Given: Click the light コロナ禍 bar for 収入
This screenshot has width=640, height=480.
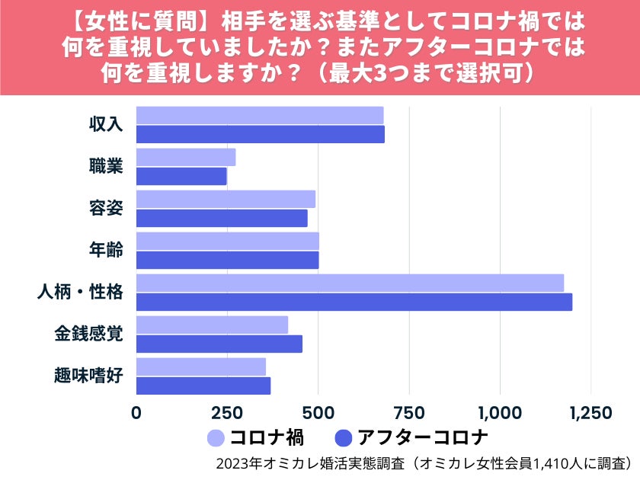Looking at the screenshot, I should pyautogui.click(x=260, y=115).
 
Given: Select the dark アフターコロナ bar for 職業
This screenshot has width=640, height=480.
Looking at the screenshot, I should pyautogui.click(x=181, y=176).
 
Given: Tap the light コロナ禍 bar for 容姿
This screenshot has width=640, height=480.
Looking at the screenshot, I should pyautogui.click(x=226, y=199).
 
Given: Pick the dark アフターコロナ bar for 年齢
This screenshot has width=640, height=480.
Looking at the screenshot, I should pyautogui.click(x=227, y=260).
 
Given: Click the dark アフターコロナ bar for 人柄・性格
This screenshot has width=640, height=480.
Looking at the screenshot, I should pyautogui.click(x=354, y=302).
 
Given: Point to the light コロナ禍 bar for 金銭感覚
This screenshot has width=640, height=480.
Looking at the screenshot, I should pyautogui.click(x=212, y=325).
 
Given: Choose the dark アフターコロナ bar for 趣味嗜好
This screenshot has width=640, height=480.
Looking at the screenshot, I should pyautogui.click(x=203, y=386).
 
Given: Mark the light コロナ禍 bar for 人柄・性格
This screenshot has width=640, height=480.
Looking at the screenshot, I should pyautogui.click(x=350, y=283).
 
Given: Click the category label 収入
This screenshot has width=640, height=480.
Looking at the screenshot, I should pyautogui.click(x=106, y=124).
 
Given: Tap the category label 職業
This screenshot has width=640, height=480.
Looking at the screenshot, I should pyautogui.click(x=106, y=166).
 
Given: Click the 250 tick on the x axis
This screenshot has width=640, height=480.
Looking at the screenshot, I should pyautogui.click(x=228, y=413).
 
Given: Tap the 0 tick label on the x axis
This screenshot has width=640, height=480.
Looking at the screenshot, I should pyautogui.click(x=136, y=413).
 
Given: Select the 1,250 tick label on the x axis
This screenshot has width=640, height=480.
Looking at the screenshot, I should pyautogui.click(x=590, y=413).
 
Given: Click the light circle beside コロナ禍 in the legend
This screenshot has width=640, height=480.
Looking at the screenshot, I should pyautogui.click(x=216, y=438).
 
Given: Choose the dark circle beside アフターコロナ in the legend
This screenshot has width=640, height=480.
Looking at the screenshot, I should pyautogui.click(x=344, y=438).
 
